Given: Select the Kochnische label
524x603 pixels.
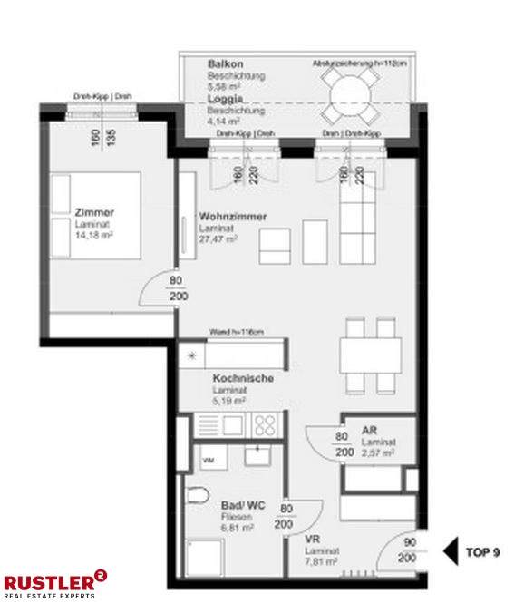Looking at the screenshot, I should click(243, 378).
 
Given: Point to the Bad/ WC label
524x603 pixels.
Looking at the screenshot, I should click(241, 504).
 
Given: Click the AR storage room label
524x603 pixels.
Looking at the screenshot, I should click(369, 430).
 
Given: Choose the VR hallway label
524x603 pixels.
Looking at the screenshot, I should click(312, 539).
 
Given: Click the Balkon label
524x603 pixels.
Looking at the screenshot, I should click(224, 65).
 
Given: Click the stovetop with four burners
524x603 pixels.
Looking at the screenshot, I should click(266, 424).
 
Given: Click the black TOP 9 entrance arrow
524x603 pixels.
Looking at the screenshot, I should click(450, 550).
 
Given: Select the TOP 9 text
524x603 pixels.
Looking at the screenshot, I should click(482, 550).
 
